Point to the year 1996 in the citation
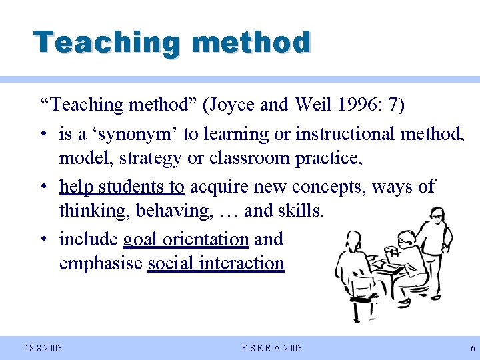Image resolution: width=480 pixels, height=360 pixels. (x=358, y=105)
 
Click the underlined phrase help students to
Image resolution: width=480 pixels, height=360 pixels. (x=122, y=187)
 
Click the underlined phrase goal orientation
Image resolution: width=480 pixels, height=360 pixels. (x=186, y=239)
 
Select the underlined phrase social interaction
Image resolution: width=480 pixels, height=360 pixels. (x=216, y=263)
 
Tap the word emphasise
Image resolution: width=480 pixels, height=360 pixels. (x=101, y=263)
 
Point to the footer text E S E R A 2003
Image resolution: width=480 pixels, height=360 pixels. (x=271, y=348)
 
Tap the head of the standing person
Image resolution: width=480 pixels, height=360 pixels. (x=437, y=215)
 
